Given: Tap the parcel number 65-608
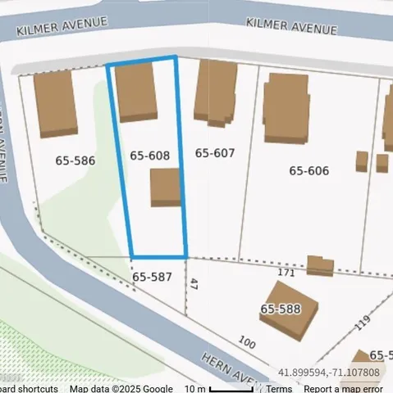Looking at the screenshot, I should pyautogui.click(x=150, y=155).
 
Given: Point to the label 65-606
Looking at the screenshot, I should pyautogui.click(x=308, y=170).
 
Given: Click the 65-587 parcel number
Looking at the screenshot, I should pyautogui.click(x=152, y=277).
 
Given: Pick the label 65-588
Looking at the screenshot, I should pyautogui.click(x=281, y=309).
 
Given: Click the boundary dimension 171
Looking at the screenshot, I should pyautogui.click(x=286, y=272).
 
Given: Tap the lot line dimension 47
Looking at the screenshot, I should pyautogui.click(x=194, y=284).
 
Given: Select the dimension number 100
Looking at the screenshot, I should pyautogui.click(x=245, y=341).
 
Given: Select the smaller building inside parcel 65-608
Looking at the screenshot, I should pyautogui.click(x=165, y=187).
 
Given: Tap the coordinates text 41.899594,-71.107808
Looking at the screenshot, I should pyautogui.click(x=329, y=373).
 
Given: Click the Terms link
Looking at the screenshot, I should pyautogui.click(x=278, y=389).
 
